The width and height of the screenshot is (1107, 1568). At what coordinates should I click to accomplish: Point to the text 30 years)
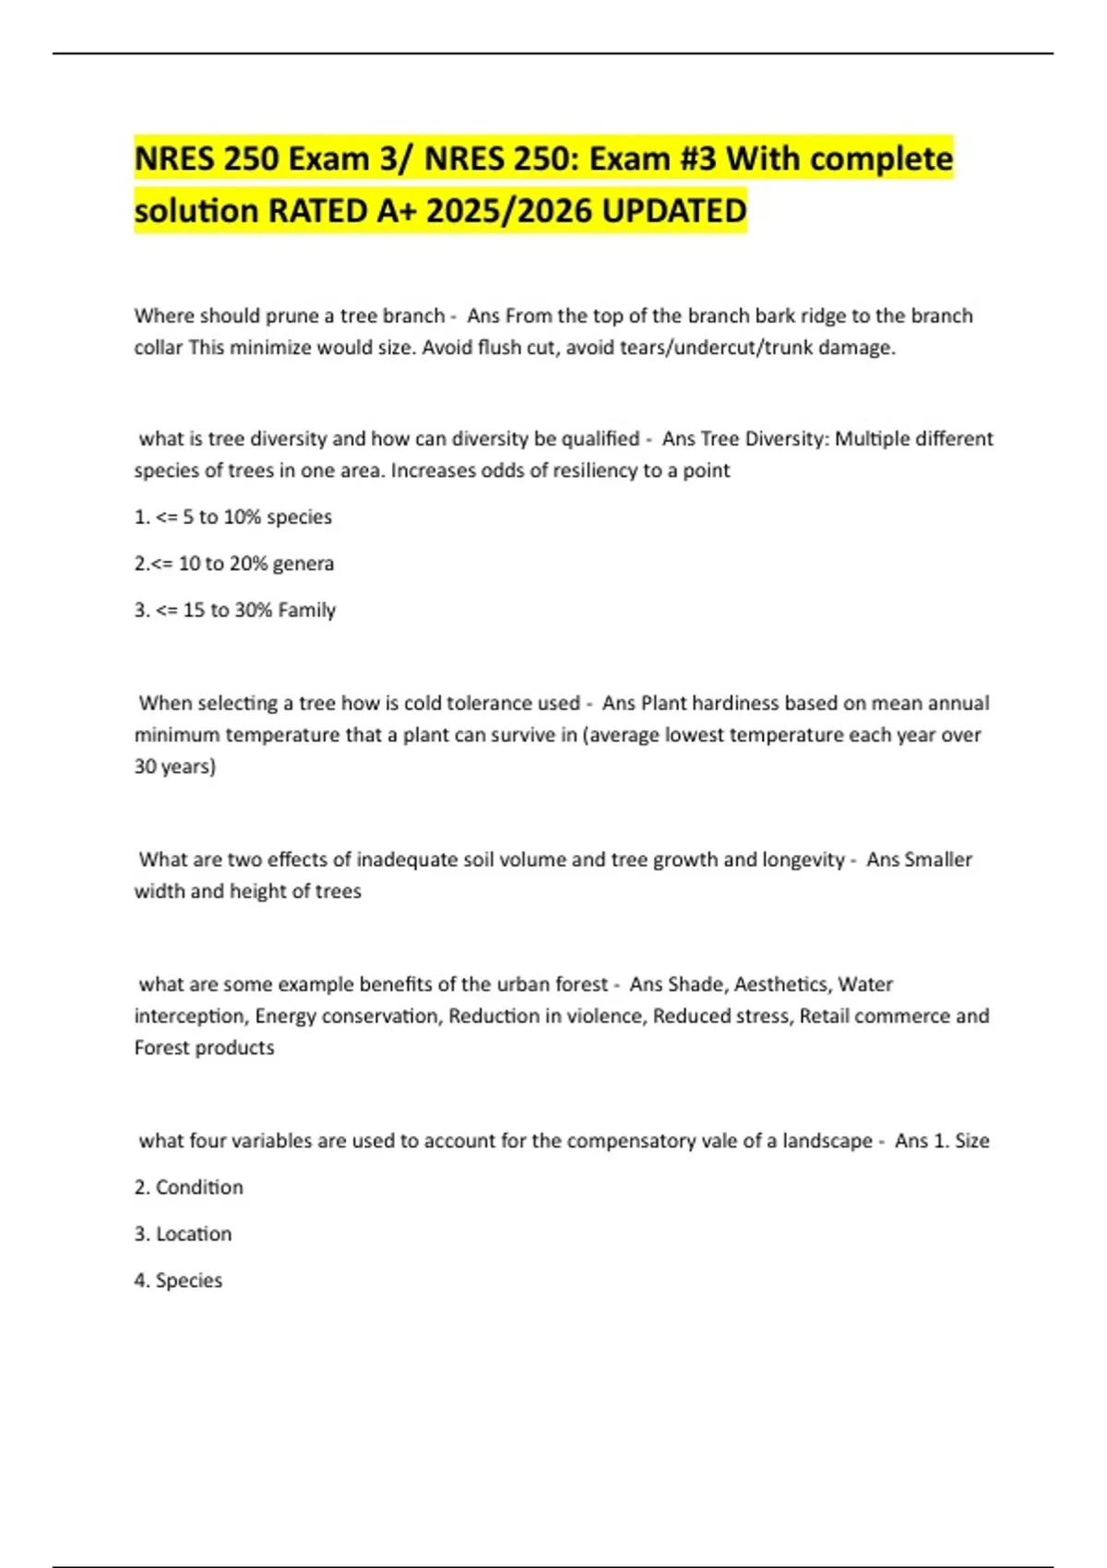click(x=175, y=766)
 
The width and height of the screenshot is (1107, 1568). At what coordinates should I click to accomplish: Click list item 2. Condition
click(x=189, y=1187)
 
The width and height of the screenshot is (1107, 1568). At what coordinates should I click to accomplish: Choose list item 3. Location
click(x=184, y=1234)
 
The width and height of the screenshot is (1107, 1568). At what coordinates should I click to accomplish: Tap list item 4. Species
click(x=179, y=1280)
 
